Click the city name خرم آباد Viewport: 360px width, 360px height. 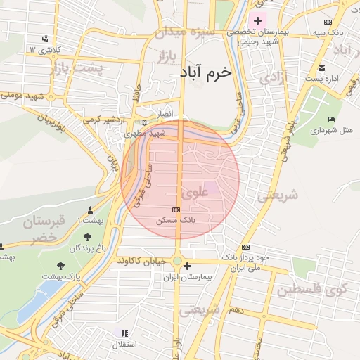click(x=205, y=72)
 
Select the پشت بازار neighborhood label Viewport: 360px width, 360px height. click(x=77, y=68)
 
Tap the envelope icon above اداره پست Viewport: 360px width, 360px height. click(x=321, y=68)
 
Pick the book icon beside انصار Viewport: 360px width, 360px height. click(x=145, y=122)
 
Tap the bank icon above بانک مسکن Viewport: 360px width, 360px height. click(x=176, y=210)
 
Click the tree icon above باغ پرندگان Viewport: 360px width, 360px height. click(x=86, y=237)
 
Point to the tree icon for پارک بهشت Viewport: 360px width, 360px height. click(x=60, y=266)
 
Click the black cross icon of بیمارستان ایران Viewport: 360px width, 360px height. click(x=186, y=266)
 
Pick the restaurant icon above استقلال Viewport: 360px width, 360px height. click(x=124, y=334)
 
